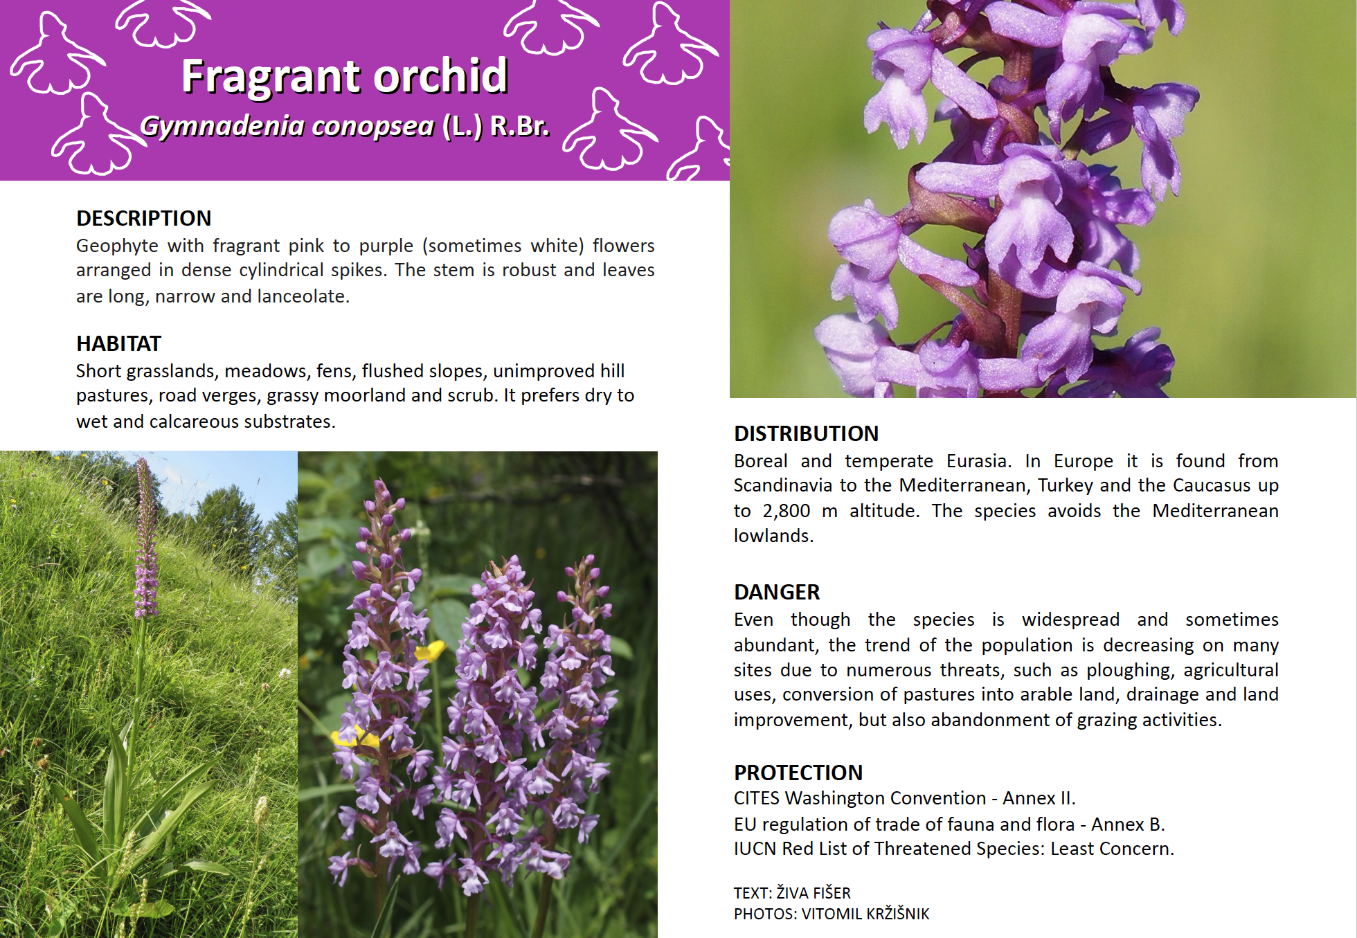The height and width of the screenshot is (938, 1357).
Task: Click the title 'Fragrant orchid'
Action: [345, 76]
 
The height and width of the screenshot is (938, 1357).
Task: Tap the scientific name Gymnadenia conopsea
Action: [287, 126]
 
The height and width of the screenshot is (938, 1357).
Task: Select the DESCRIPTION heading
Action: [144, 218]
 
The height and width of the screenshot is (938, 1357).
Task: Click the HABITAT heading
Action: [118, 343]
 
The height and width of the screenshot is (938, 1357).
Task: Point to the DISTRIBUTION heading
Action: [806, 433]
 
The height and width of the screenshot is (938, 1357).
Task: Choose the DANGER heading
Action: [777, 592]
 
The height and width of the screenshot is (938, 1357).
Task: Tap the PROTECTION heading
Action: [798, 773]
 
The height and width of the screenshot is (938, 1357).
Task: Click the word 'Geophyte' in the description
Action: [117, 246]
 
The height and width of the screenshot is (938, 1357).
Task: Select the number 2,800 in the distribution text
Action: [786, 511]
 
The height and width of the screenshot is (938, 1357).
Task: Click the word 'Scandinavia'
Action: [782, 485]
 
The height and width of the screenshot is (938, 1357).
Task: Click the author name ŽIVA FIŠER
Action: [814, 893]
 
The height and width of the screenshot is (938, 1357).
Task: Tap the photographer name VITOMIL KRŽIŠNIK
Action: [865, 914]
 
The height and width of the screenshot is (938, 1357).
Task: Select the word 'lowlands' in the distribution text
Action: [772, 536]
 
